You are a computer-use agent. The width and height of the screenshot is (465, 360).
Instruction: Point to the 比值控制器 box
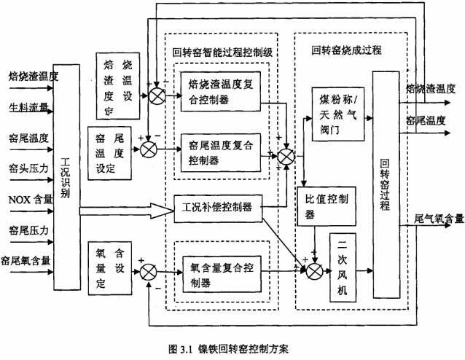click(327, 205)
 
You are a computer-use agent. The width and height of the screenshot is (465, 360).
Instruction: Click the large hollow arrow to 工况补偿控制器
click(124, 211)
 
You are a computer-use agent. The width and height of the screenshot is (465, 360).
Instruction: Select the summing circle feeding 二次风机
click(314, 270)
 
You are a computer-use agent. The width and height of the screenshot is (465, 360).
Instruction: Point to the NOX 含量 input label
click(29, 197)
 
